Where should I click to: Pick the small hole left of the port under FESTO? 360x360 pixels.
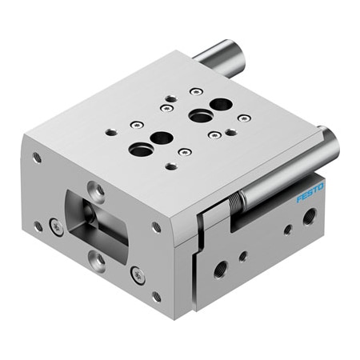click(x=287, y=230)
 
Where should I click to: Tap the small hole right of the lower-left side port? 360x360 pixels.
click(x=242, y=256)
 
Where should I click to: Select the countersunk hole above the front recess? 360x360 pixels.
click(x=98, y=190)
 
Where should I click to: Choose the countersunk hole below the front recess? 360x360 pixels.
click(x=97, y=258)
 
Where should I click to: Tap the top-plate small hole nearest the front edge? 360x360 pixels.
click(x=170, y=166)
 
